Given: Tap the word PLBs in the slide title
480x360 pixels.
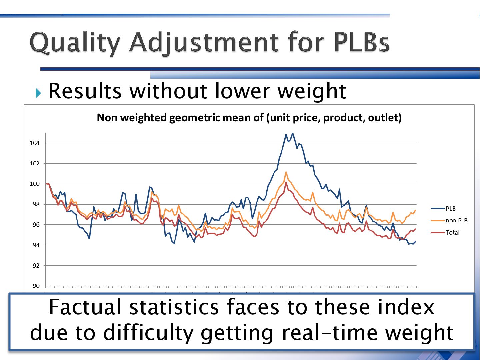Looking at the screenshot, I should (x=361, y=43).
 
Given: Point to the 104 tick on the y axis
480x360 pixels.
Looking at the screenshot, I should (x=34, y=143).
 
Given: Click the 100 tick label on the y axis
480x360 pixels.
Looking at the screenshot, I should (x=34, y=184).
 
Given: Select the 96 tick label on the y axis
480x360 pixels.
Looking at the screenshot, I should (x=36, y=225).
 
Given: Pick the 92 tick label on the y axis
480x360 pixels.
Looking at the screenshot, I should (x=36, y=266).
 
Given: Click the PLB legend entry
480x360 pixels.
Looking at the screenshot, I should (x=450, y=209).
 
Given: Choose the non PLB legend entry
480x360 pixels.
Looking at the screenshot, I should (x=456, y=221).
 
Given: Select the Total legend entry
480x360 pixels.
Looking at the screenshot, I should (x=452, y=233).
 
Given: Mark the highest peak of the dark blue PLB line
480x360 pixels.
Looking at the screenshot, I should (x=293, y=133).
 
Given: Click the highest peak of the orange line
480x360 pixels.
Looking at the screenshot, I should (x=286, y=172).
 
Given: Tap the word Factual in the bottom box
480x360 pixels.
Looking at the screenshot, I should (x=85, y=307).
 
